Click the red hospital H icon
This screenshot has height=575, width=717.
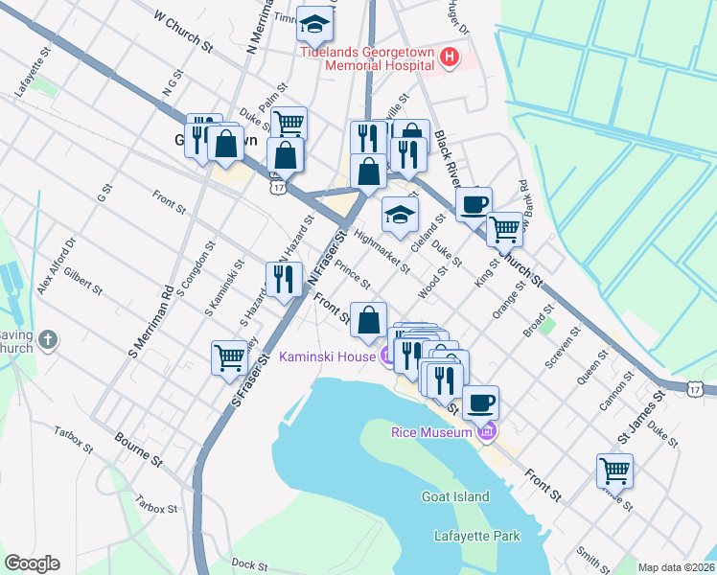tap(448, 59)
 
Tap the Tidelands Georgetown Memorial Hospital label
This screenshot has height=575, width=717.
tap(369, 59)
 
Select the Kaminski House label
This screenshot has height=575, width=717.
tap(326, 356)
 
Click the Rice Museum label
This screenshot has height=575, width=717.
tap(432, 432)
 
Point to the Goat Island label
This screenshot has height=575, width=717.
tap(455, 496)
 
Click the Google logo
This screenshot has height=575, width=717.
tap(32, 563)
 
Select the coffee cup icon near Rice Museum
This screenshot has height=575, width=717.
tap(481, 402)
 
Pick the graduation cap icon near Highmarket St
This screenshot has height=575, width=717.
tap(400, 215)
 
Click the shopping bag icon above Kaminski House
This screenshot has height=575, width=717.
tap(368, 320)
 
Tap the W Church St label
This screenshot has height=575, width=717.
tap(182, 30)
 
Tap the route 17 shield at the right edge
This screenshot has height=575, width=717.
tap(697, 387)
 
